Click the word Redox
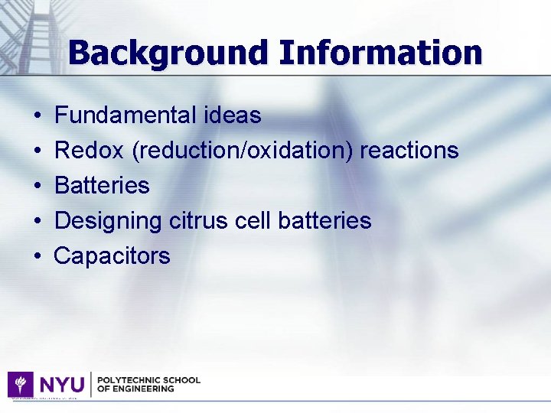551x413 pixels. (x=89, y=151)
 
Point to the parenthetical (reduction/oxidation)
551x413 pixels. (x=243, y=151)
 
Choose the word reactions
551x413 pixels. (x=409, y=151)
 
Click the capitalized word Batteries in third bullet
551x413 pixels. (x=102, y=186)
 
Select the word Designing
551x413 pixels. (x=108, y=221)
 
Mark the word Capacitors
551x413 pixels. (x=112, y=256)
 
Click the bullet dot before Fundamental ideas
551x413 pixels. (x=38, y=116)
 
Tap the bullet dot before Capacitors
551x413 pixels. (x=38, y=257)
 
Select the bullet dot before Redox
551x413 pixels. (x=38, y=151)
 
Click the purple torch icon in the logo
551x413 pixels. (x=20, y=384)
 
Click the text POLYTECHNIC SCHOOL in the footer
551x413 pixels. (x=148, y=379)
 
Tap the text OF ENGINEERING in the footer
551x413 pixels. (x=135, y=389)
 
